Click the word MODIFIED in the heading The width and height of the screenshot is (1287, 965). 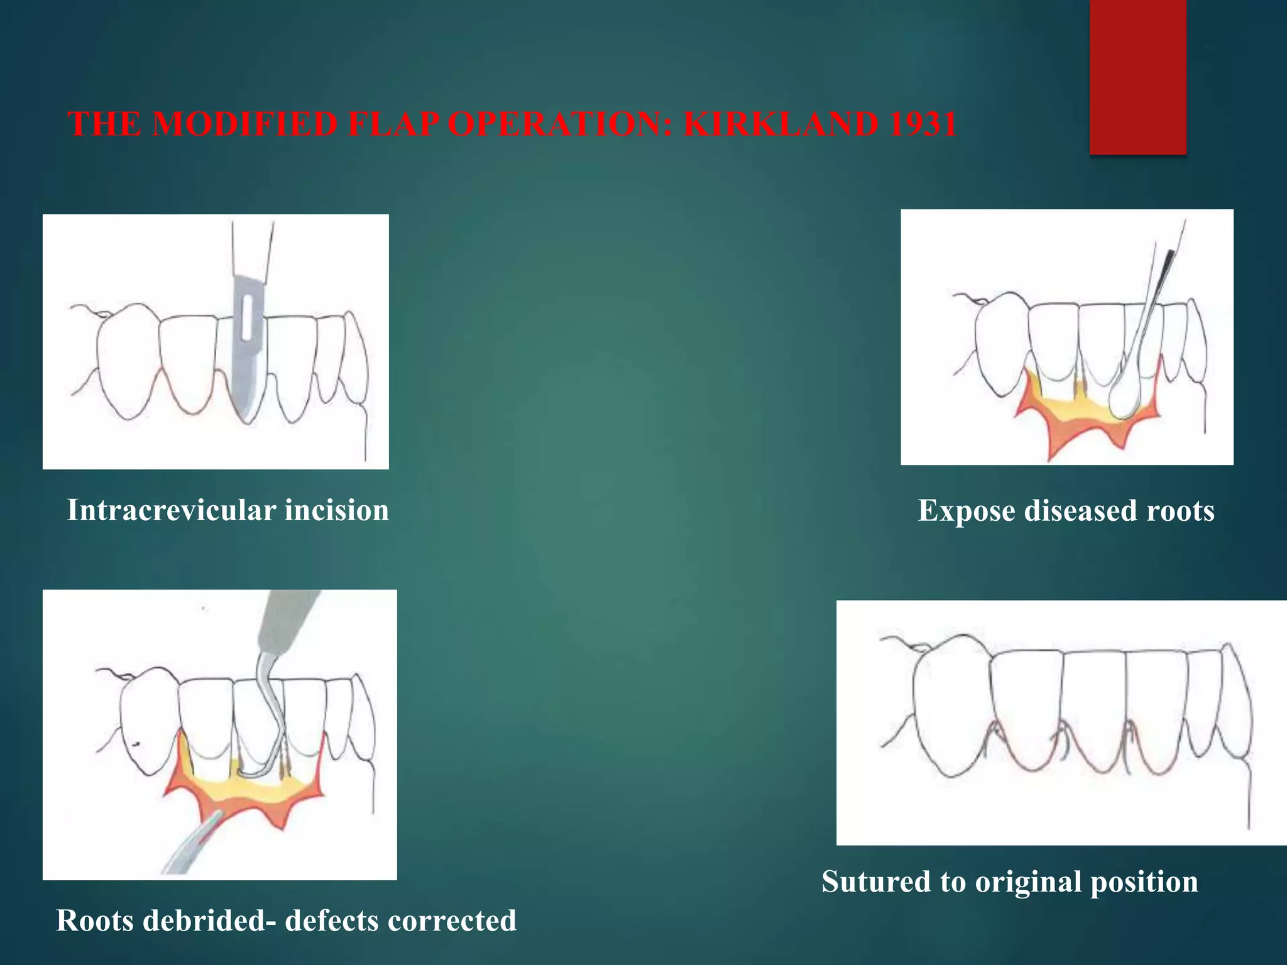[244, 124]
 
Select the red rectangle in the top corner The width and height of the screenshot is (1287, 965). [1137, 77]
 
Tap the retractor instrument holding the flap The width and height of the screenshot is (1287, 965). [189, 848]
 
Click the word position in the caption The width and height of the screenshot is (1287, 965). [1144, 881]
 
